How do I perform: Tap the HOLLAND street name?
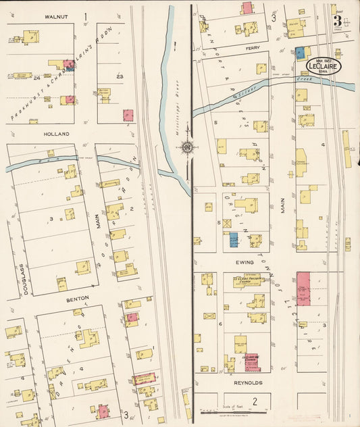(x=57, y=134)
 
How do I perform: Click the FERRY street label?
(x=253, y=49)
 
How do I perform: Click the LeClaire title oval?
(x=324, y=66)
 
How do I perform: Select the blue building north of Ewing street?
(x=234, y=240)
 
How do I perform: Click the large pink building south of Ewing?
(x=303, y=288)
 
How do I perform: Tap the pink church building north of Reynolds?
(x=252, y=362)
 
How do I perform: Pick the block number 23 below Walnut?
(x=120, y=77)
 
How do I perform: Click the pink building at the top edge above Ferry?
(x=247, y=8)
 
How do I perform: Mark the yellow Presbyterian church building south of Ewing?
(x=247, y=281)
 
